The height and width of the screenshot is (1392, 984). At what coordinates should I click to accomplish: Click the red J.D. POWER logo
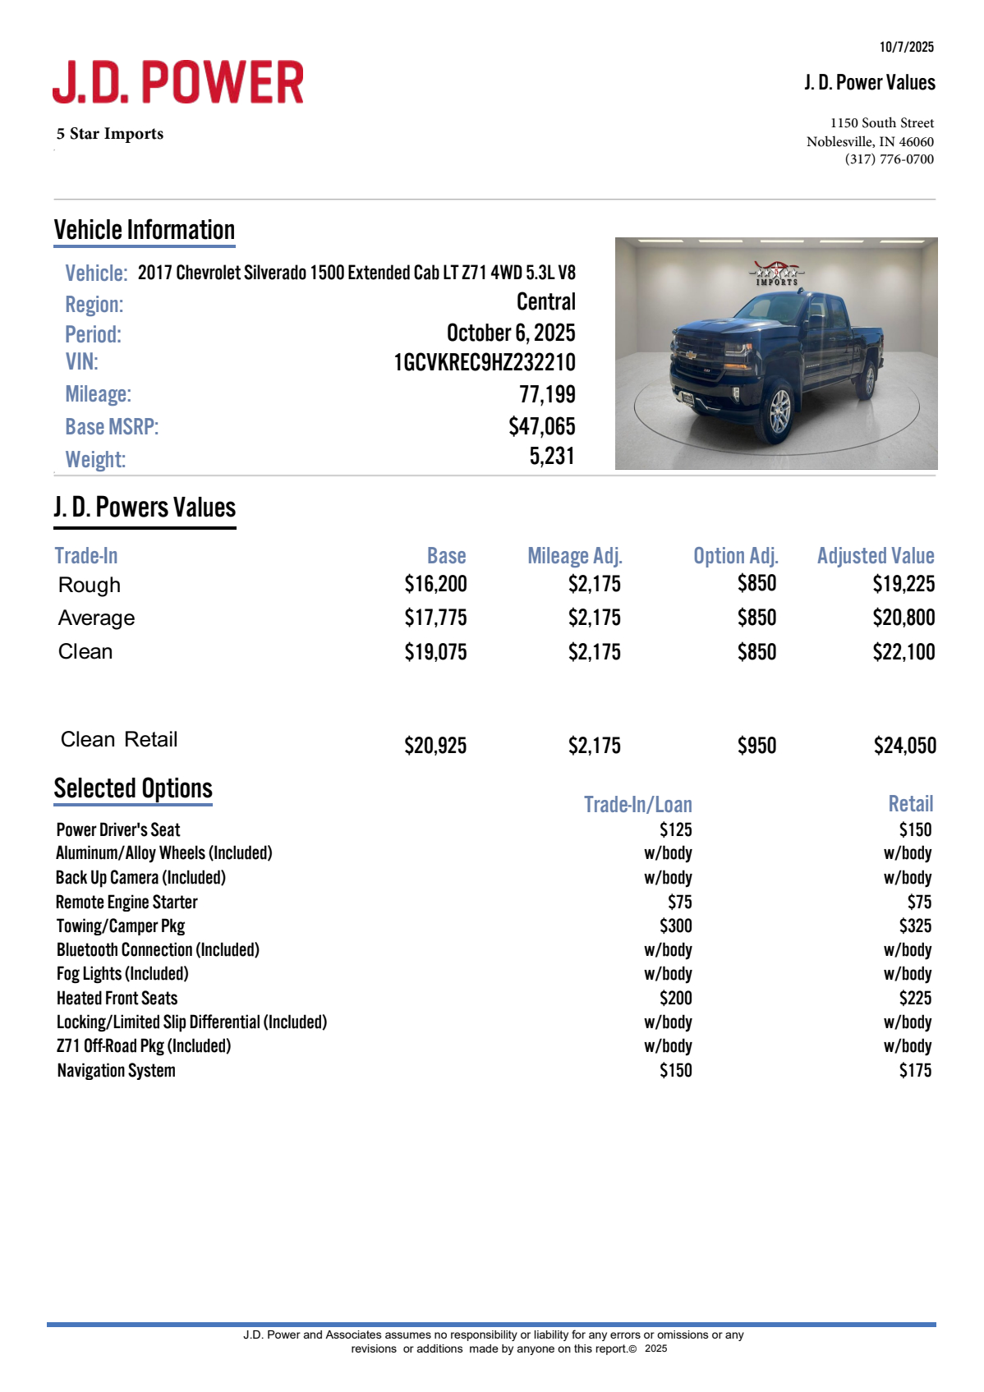(x=178, y=82)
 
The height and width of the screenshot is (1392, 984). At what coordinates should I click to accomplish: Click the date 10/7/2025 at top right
(x=906, y=47)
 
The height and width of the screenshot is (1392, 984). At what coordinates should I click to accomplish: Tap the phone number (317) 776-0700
(x=889, y=159)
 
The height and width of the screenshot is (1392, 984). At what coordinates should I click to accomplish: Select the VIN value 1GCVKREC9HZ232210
(x=484, y=362)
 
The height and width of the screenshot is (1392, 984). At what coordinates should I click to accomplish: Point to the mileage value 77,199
(x=547, y=394)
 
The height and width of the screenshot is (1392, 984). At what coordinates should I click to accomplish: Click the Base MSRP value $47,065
(x=541, y=426)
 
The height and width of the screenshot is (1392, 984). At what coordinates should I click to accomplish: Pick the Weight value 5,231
(x=551, y=456)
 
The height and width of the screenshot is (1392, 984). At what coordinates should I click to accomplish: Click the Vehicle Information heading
(x=145, y=230)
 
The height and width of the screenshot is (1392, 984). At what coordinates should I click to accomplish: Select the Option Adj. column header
(x=735, y=556)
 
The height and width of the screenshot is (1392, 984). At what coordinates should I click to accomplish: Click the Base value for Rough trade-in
(x=435, y=584)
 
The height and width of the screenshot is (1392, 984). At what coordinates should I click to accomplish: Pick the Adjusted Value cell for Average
(x=904, y=618)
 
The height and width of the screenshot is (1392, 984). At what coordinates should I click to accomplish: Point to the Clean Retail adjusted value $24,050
(x=904, y=746)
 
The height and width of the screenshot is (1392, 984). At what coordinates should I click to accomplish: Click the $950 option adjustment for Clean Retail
(x=756, y=746)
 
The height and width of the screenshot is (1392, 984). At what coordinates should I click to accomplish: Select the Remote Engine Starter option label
(x=126, y=902)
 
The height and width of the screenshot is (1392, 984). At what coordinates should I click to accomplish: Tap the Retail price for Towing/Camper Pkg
(x=915, y=926)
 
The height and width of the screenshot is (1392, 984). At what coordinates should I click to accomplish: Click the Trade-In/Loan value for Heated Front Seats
(x=675, y=998)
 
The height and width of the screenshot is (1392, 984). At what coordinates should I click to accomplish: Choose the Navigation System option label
(x=116, y=1070)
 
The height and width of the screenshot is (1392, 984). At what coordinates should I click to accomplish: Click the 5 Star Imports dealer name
(x=110, y=134)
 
